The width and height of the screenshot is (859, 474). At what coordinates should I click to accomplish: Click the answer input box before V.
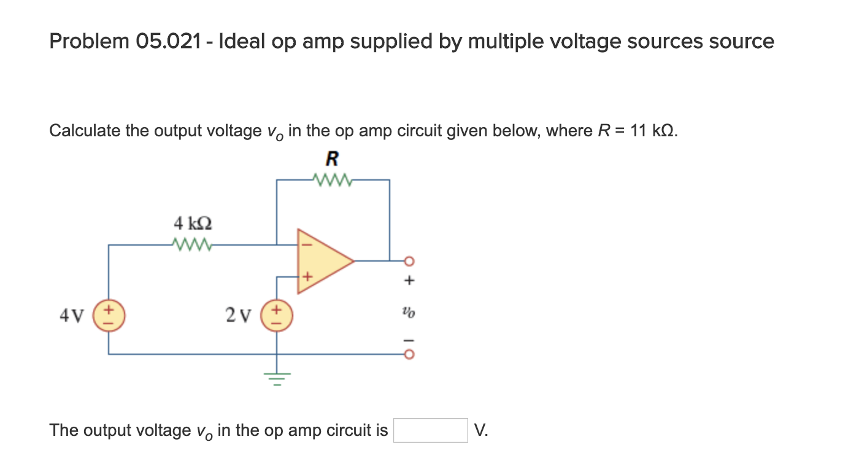(x=430, y=430)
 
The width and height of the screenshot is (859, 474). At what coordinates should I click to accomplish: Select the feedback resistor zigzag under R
(x=332, y=180)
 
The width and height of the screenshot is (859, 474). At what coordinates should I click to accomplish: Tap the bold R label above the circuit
(x=332, y=160)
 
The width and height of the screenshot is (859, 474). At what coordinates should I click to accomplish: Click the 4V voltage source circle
(x=109, y=316)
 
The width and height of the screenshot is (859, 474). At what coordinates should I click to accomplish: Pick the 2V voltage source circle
(x=276, y=316)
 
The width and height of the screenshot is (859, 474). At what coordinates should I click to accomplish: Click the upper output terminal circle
(x=409, y=261)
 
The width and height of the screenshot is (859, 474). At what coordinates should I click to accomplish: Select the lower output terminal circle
(x=409, y=354)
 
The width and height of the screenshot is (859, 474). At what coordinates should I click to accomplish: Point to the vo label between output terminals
(x=410, y=313)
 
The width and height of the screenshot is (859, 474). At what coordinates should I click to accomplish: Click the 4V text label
(x=71, y=316)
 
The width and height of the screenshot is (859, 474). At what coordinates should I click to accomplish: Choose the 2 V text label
(x=238, y=316)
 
